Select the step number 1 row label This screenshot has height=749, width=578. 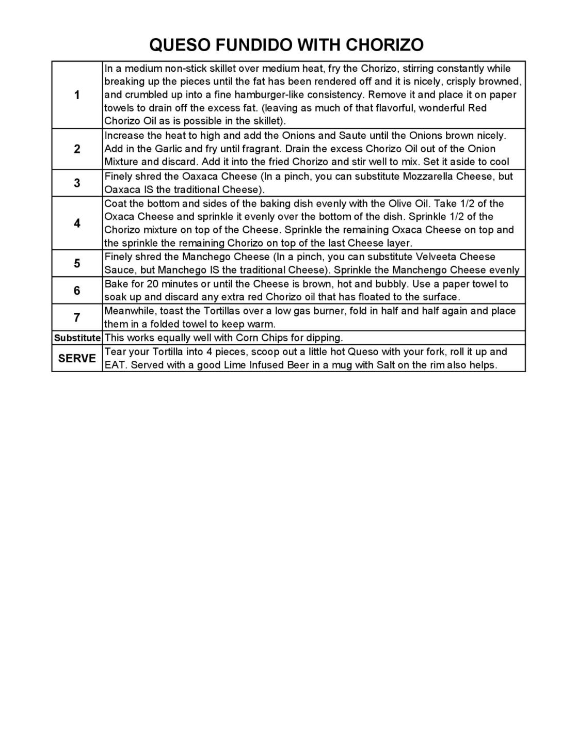click(77, 95)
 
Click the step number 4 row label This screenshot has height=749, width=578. click(77, 224)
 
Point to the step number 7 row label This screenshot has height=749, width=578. click(77, 317)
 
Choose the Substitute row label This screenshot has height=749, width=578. click(77, 338)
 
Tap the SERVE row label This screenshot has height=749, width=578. click(77, 358)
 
